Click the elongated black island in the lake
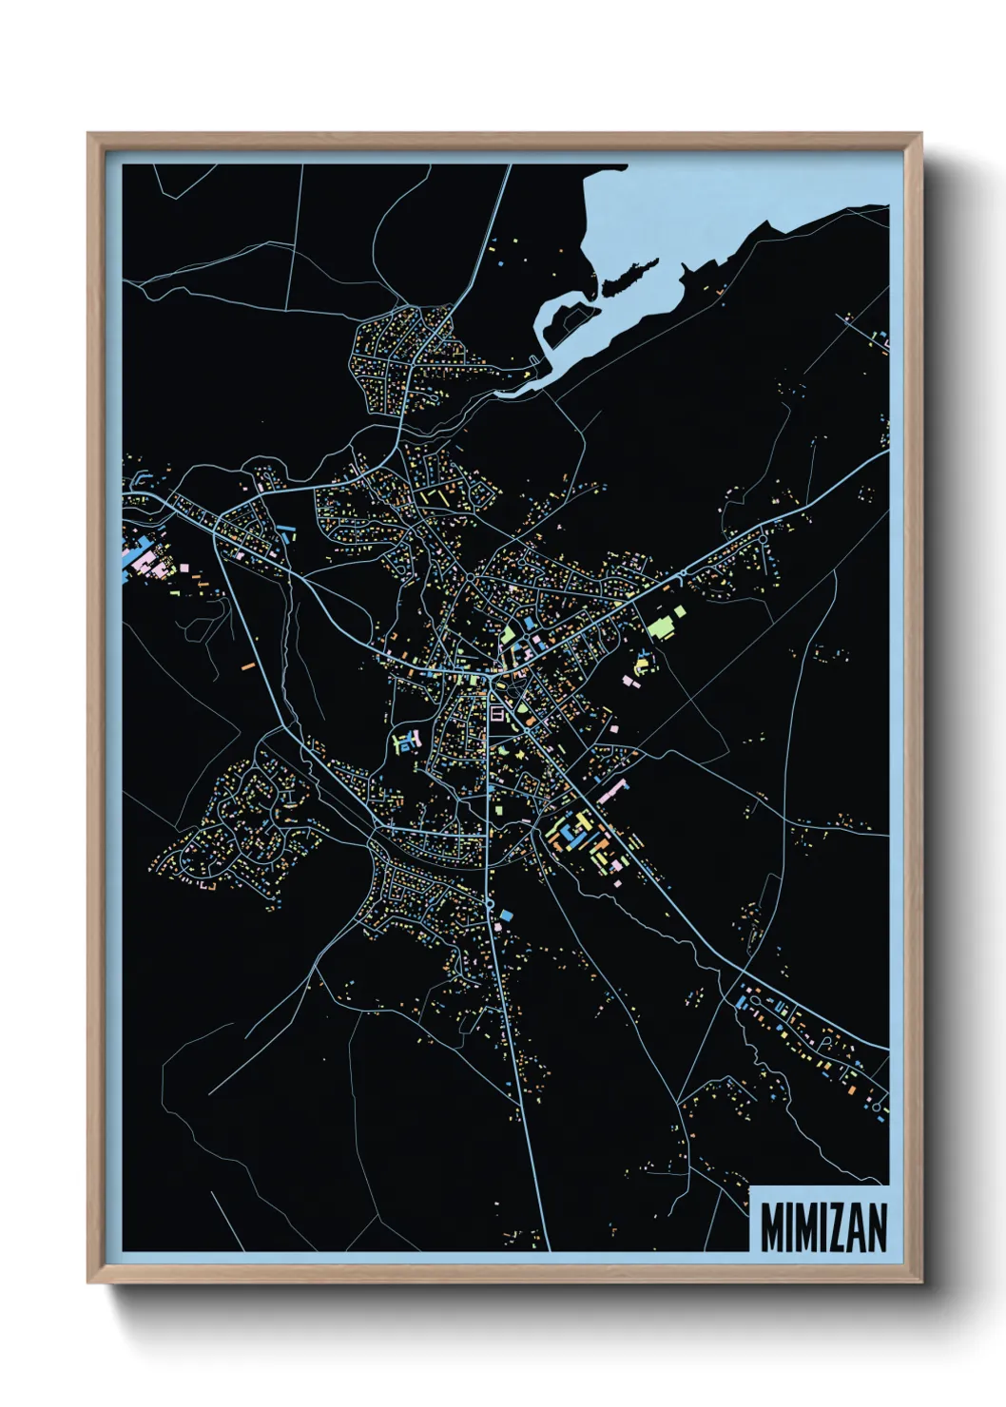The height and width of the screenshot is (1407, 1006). pyautogui.click(x=629, y=275)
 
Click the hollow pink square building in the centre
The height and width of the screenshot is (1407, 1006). pyautogui.click(x=497, y=713)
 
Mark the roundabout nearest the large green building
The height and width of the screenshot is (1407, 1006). pyautogui.click(x=682, y=575)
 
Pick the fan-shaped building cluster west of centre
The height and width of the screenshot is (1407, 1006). pyautogui.click(x=405, y=742)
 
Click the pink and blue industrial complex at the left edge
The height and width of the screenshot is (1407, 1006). pyautogui.click(x=141, y=556)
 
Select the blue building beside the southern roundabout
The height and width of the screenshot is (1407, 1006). pyautogui.click(x=507, y=915)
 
